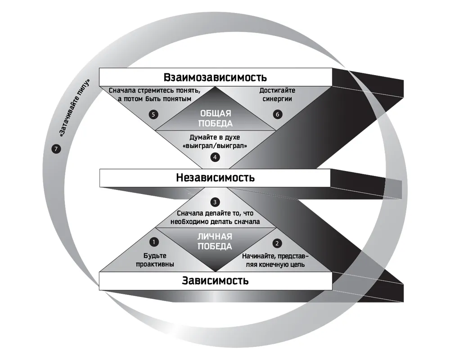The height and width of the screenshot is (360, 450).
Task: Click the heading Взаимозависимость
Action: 215,77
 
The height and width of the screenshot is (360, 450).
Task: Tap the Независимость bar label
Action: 215,178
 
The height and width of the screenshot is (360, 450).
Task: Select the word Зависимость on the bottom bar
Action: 215,280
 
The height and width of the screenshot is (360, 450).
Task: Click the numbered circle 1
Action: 154,242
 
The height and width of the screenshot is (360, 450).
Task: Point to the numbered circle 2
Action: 277,243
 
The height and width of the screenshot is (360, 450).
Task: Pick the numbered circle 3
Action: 215,202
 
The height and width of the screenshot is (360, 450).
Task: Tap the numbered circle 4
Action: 215,157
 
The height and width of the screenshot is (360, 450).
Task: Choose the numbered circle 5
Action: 153,115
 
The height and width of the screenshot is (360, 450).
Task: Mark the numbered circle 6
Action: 278,114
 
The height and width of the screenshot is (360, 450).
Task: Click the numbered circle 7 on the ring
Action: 56,149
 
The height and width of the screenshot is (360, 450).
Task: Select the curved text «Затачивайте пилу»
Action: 74,108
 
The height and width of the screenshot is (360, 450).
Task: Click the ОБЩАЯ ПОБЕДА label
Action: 215,118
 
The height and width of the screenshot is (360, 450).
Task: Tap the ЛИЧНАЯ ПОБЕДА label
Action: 215,242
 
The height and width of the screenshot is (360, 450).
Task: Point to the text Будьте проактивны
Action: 155,260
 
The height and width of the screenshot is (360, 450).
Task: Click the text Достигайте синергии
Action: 277,94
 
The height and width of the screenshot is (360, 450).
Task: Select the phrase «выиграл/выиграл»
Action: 215,146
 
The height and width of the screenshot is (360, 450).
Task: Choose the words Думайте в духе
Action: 215,137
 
